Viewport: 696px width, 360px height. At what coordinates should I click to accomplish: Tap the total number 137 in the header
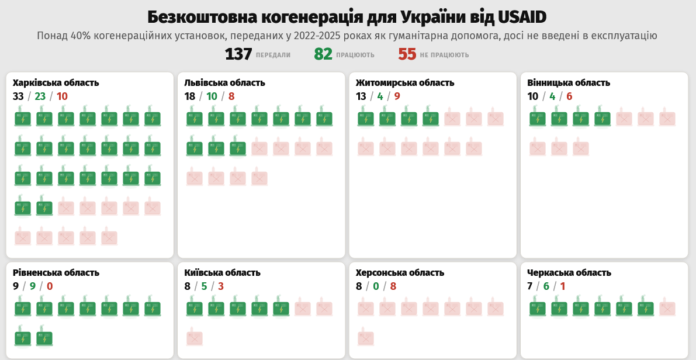tap(238, 54)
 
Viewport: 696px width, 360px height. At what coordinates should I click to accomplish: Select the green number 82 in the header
tap(323, 54)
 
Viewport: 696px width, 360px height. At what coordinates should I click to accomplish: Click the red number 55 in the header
tap(407, 54)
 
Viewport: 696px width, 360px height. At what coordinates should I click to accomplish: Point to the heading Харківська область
tap(56, 83)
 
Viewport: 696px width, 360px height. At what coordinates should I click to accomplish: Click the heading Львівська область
tap(224, 83)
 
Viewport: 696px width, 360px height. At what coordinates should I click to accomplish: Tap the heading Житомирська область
tap(404, 83)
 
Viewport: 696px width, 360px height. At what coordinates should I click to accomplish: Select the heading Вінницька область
tap(568, 83)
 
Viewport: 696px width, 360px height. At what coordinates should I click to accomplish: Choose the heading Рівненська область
tap(56, 273)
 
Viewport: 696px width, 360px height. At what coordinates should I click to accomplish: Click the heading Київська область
tap(222, 273)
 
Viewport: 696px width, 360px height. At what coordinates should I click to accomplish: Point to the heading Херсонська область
tap(400, 273)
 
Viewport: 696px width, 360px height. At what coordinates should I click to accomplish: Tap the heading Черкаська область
tap(569, 273)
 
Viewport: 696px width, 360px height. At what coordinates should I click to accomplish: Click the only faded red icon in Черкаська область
tap(667, 308)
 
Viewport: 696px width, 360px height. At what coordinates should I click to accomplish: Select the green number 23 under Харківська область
tap(40, 96)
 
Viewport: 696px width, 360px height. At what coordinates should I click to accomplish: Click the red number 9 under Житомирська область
tap(397, 96)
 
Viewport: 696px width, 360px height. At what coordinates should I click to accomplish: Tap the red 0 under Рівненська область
tap(50, 286)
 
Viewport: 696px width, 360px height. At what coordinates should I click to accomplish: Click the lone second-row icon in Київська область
tap(195, 337)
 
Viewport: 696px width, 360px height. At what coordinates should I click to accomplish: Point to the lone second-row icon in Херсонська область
tap(366, 337)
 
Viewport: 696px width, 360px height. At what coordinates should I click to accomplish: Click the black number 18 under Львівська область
tap(189, 96)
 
